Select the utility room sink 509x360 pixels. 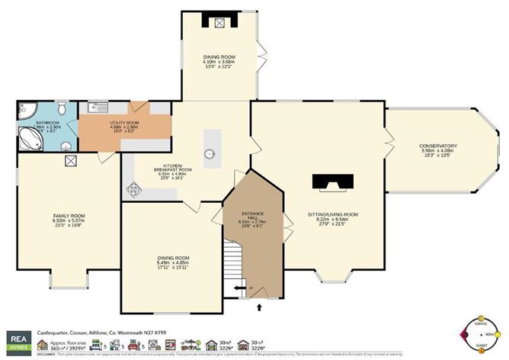tap(92, 108)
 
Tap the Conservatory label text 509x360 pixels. tap(438, 146)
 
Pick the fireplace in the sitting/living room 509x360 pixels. tap(335, 182)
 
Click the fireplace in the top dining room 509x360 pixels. tap(220, 23)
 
